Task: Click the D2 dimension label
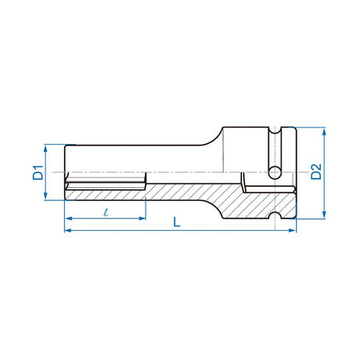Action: coord(315,172)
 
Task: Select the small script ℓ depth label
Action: coord(104,212)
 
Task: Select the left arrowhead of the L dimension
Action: coord(67,231)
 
